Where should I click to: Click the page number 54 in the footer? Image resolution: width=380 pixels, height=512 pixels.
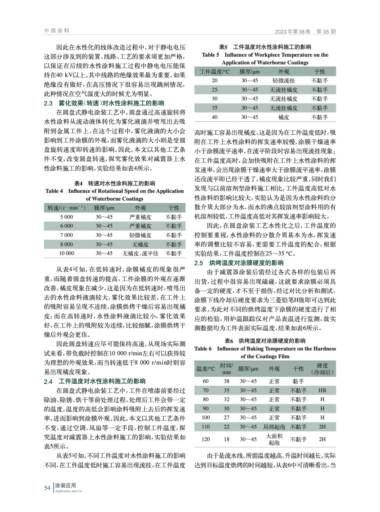coord(47,488)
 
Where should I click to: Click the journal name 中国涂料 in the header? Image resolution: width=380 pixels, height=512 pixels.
coord(57,31)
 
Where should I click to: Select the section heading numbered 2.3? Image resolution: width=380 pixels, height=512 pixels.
coord(104,103)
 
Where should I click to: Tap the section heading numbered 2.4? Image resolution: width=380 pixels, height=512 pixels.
coord(95,381)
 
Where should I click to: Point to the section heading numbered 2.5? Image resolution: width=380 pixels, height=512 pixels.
coord(239,263)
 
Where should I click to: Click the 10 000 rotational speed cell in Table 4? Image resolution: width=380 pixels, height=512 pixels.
coord(67,253)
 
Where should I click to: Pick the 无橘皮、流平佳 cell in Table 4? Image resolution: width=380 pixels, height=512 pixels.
coord(140,253)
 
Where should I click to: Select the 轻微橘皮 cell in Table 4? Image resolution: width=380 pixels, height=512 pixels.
coord(140,235)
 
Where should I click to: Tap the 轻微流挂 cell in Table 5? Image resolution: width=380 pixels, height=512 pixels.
coord(284,81)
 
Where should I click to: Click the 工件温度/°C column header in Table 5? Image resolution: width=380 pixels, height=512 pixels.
coord(215,72)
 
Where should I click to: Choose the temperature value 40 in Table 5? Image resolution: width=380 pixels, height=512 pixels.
coord(214,117)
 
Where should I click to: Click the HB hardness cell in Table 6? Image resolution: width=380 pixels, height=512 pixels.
coord(322,390)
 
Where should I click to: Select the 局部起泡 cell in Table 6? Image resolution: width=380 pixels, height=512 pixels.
coord(274,427)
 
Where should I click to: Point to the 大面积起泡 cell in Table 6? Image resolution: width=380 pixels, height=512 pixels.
coord(274,439)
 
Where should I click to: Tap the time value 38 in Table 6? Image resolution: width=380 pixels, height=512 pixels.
coord(226,381)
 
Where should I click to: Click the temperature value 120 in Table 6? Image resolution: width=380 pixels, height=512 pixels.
coord(206,439)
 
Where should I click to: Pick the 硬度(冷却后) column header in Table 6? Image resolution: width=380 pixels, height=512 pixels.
coord(322,369)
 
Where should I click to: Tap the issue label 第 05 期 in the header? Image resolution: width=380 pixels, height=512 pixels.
coord(326,32)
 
